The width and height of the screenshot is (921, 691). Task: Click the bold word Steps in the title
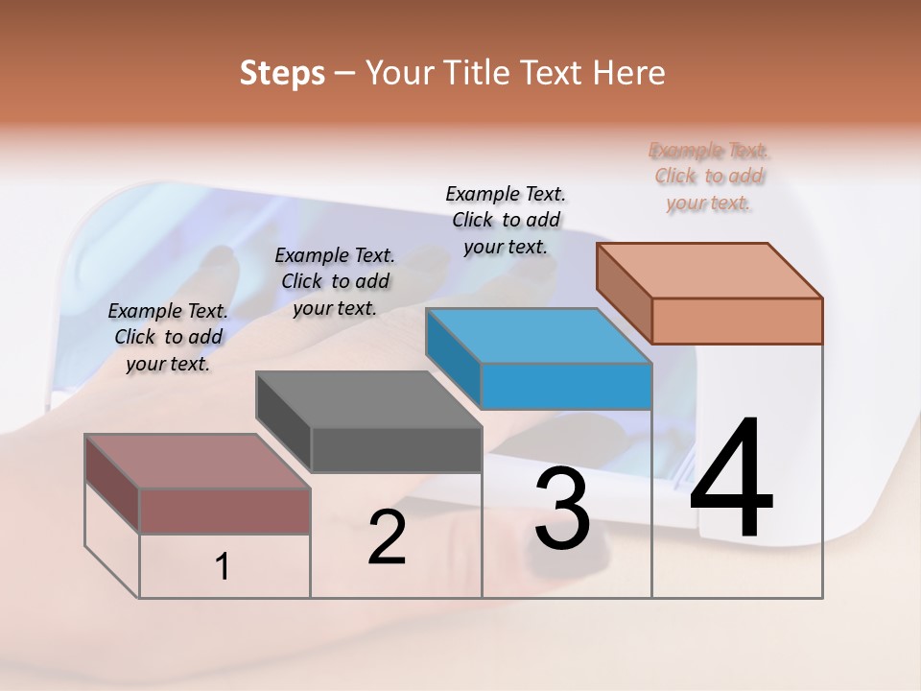(x=282, y=73)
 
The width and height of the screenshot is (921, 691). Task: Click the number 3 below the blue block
(x=562, y=508)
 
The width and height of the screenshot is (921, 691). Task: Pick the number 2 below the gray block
(x=387, y=538)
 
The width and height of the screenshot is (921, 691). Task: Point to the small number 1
(x=223, y=567)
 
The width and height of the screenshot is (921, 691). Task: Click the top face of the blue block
(x=537, y=336)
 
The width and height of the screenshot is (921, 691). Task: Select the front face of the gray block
(x=396, y=449)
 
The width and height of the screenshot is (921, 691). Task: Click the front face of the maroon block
(x=225, y=511)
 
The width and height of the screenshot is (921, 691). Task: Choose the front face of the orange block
(x=737, y=321)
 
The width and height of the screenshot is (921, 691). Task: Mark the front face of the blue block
(x=566, y=386)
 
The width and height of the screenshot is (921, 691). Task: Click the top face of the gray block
(x=367, y=399)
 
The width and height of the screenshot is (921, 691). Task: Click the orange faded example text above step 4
(x=709, y=177)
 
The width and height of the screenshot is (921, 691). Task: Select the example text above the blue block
(x=506, y=220)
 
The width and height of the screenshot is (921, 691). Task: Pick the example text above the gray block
(x=335, y=281)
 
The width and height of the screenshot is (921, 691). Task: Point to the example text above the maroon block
(x=168, y=337)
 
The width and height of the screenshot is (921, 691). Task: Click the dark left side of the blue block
(x=453, y=355)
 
